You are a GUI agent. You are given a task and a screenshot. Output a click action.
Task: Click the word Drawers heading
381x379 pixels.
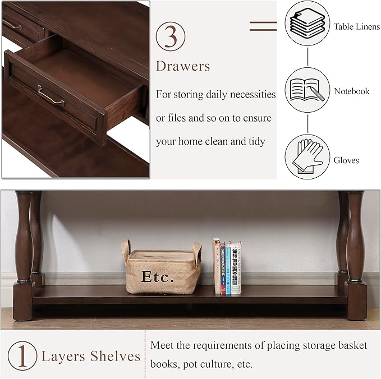point(183,66)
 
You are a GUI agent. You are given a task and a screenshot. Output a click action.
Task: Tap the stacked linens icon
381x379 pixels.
point(307,24)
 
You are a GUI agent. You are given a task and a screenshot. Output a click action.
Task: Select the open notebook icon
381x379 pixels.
point(307,90)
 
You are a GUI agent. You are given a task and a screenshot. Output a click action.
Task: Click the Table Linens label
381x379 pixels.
point(356,26)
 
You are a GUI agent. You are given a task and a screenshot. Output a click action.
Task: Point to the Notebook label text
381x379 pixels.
point(352,91)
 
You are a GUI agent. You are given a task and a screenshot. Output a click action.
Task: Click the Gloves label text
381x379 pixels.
point(346,160)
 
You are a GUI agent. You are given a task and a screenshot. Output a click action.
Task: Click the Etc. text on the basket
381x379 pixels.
point(157,276)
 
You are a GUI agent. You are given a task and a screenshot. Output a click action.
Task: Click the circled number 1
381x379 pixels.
point(22,357)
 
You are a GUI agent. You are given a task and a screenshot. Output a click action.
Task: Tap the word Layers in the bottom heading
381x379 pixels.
point(63,356)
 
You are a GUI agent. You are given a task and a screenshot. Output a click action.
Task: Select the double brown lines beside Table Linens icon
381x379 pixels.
point(263,25)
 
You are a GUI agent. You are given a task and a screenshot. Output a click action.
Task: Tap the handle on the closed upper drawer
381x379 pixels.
point(12,25)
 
